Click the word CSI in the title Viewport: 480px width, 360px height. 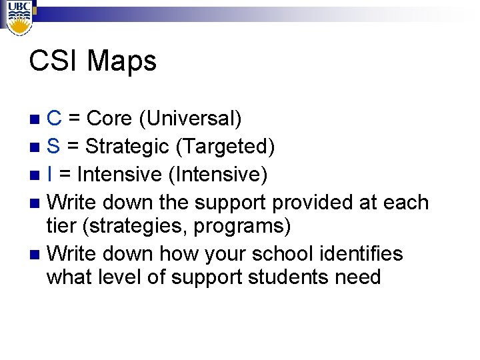(53, 61)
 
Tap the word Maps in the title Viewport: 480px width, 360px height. (122, 61)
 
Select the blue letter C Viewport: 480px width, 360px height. (55, 119)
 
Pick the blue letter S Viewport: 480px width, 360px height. (55, 146)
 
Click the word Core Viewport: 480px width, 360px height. (110, 119)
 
